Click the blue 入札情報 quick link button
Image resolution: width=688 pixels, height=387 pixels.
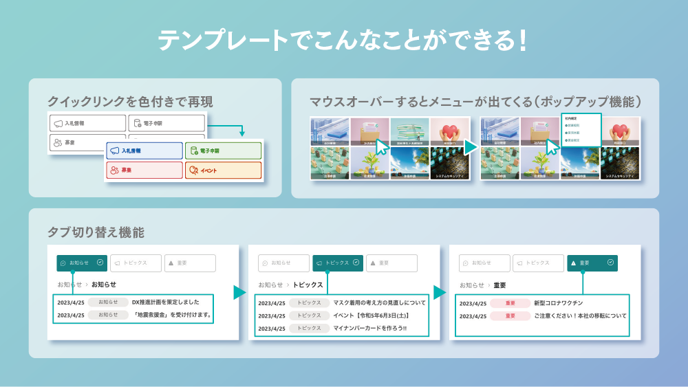pos(144,151)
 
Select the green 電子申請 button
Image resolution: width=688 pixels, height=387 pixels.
pos(223,151)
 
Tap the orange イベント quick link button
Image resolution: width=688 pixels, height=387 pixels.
pos(223,170)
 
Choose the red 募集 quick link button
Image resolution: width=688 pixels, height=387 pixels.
pos(144,170)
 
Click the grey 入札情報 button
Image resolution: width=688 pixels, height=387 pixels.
pos(87,123)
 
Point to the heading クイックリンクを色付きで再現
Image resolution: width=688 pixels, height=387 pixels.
pos(130,102)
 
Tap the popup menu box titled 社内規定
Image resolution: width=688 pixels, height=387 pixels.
pos(581,129)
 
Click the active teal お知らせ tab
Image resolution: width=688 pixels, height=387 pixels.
pos(82,263)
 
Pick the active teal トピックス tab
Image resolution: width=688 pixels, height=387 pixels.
pos(337,263)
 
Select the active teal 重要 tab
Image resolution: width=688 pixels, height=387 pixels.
pos(592,263)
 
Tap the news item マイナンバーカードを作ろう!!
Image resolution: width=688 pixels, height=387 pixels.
pos(369,328)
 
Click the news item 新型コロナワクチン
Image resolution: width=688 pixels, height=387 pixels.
pos(558,303)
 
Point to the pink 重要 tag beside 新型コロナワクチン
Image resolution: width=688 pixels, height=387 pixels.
pos(510,303)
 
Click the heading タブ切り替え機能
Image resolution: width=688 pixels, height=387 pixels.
pos(96,232)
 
